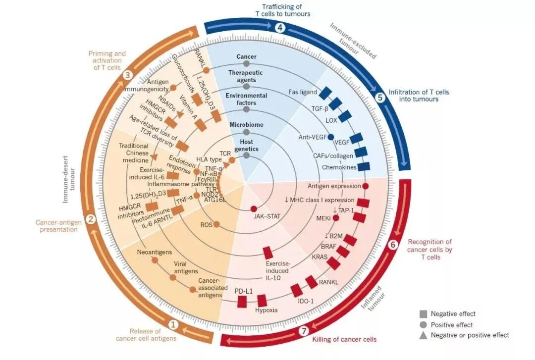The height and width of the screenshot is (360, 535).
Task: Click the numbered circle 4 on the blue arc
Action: (x=280, y=28)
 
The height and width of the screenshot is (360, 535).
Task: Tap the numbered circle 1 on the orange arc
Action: (x=173, y=325)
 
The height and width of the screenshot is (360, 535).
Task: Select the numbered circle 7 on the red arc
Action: (x=304, y=331)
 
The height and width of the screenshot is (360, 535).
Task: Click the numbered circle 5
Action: (x=380, y=97)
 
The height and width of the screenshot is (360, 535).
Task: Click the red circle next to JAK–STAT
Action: (x=254, y=209)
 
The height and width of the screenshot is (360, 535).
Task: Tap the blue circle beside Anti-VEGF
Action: (x=331, y=137)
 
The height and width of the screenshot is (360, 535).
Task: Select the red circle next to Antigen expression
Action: (x=366, y=186)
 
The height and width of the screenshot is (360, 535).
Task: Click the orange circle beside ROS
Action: (x=216, y=224)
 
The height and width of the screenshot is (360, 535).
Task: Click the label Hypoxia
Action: (x=267, y=310)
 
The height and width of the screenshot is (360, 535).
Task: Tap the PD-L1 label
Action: (x=244, y=291)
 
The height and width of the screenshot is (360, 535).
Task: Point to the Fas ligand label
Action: (x=303, y=92)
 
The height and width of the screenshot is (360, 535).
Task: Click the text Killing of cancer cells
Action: (x=344, y=339)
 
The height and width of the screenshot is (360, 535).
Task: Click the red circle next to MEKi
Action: (x=336, y=217)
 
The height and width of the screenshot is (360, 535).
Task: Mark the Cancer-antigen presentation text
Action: (x=58, y=226)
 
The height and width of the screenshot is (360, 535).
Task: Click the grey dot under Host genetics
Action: (x=246, y=155)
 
